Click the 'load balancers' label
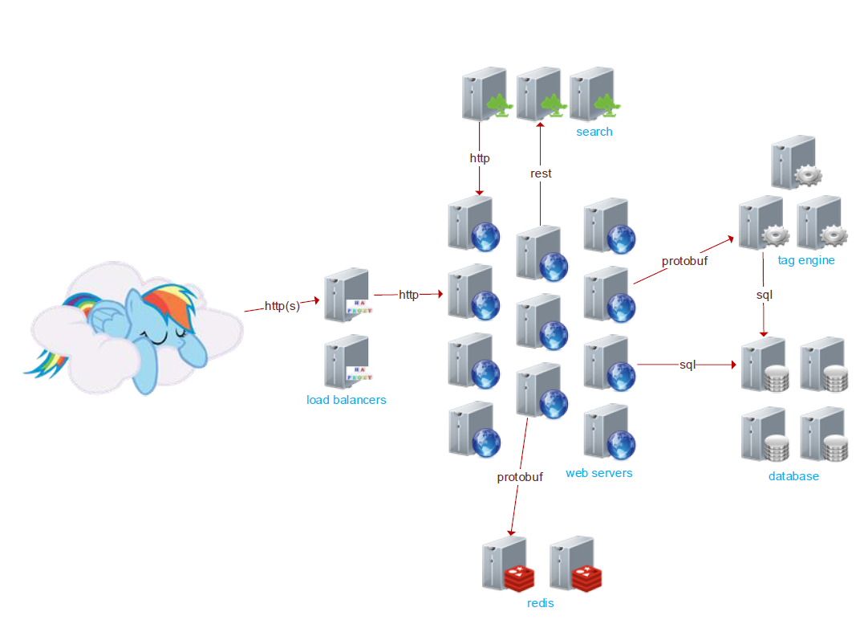click(346, 400)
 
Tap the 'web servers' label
click(598, 473)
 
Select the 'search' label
click(594, 132)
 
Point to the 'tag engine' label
click(805, 260)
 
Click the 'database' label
click(793, 476)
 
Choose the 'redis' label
click(540, 603)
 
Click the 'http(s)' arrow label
click(282, 306)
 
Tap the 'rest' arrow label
click(541, 173)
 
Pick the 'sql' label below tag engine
click(764, 296)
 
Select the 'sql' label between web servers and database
click(688, 365)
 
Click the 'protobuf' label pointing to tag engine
click(684, 261)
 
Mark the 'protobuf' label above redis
click(519, 477)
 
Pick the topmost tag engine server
click(791, 165)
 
